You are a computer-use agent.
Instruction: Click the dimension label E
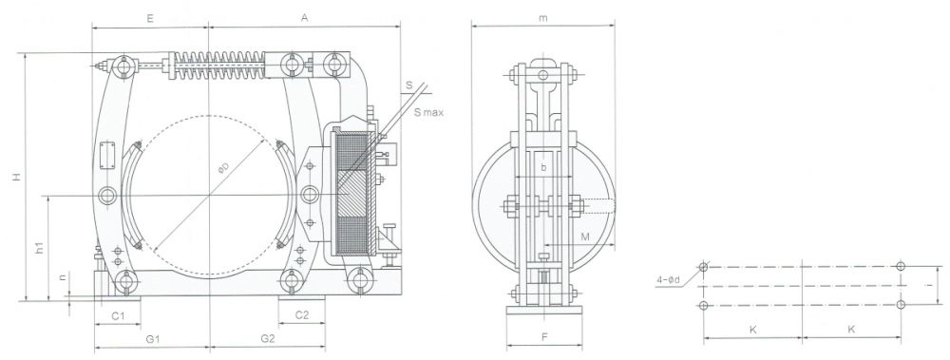150,18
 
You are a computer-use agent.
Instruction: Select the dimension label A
303,18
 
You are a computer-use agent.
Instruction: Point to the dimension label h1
39,249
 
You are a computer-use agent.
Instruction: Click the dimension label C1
118,313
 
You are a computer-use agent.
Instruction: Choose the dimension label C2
299,313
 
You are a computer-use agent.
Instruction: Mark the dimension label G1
151,338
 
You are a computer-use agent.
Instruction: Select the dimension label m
542,18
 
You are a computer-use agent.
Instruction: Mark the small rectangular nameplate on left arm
107,154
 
